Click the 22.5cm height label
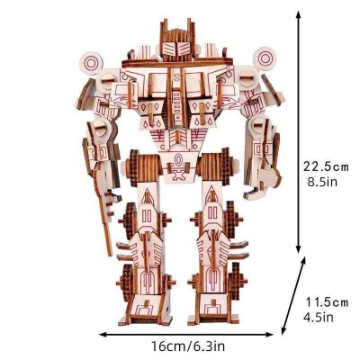tap(326, 166)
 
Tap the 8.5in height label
tap(322, 182)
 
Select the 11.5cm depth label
tap(327, 302)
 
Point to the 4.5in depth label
tap(319, 318)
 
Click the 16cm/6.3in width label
tap(188, 346)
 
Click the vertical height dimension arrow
tap(298, 132)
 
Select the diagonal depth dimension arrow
tap(293, 295)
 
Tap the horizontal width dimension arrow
tap(186, 334)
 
